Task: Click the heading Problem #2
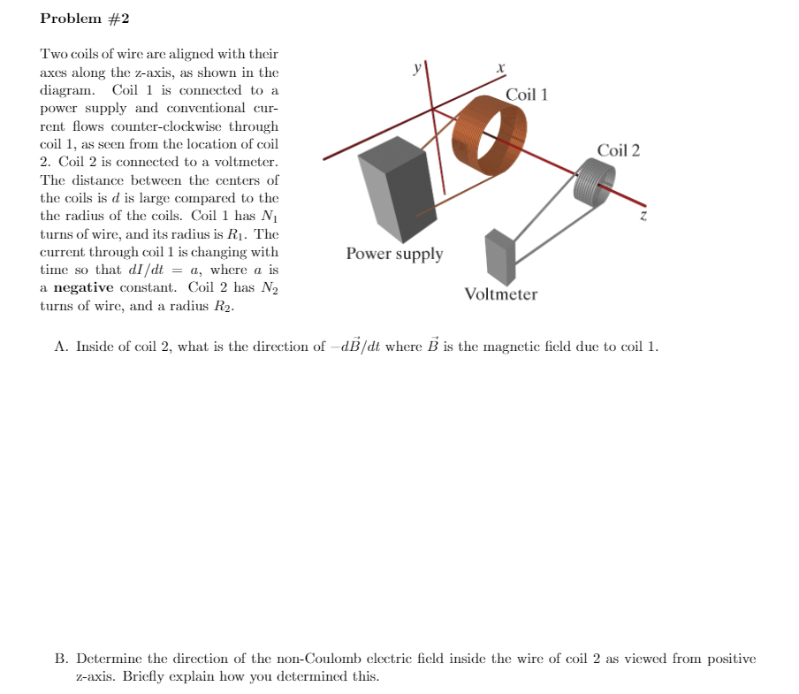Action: click(85, 19)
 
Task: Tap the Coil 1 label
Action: click(527, 95)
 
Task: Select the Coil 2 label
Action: click(619, 150)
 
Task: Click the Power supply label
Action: click(394, 254)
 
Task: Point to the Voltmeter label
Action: click(500, 294)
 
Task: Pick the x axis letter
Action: click(500, 68)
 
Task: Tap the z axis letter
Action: click(644, 215)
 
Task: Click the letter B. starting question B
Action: click(61, 659)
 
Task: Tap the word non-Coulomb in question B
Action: click(262, 659)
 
